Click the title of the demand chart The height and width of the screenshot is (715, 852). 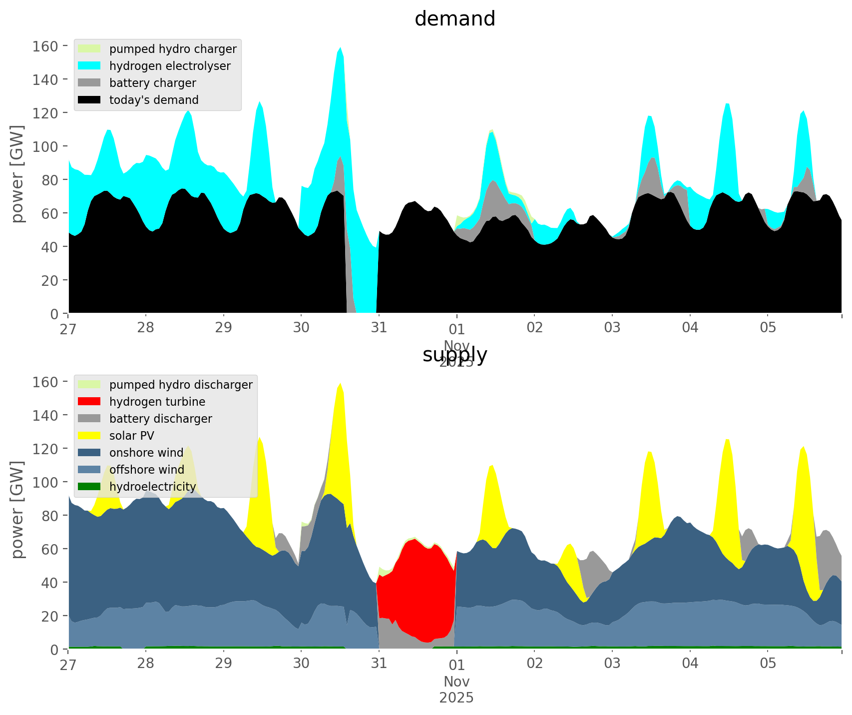[x=454, y=19]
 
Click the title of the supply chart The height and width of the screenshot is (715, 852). [x=454, y=355]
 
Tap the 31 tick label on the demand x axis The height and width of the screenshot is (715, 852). [x=379, y=328]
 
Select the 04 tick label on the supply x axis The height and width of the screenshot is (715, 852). [x=690, y=664]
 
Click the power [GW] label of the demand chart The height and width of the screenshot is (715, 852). [x=17, y=174]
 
